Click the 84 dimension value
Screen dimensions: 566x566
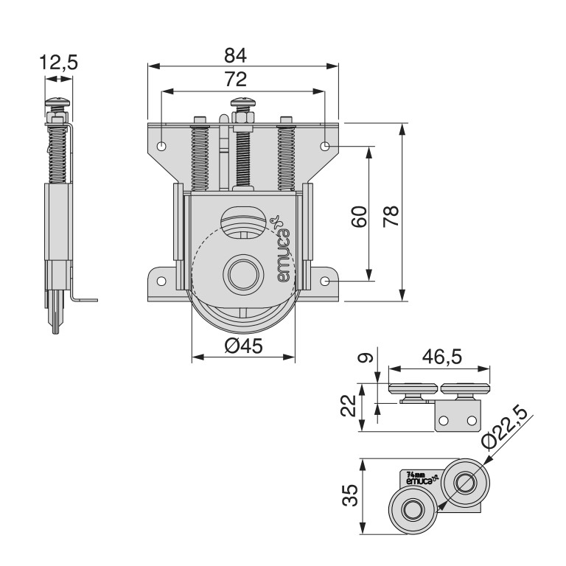(235, 55)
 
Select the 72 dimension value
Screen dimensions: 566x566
(235, 79)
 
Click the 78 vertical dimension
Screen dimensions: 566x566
(391, 215)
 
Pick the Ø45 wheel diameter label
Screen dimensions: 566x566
(243, 346)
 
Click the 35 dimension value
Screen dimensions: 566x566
(351, 495)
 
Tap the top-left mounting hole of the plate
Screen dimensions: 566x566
(162, 145)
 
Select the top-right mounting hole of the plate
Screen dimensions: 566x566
(325, 146)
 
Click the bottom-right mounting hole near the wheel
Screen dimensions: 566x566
(326, 281)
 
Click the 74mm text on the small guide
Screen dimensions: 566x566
(416, 475)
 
